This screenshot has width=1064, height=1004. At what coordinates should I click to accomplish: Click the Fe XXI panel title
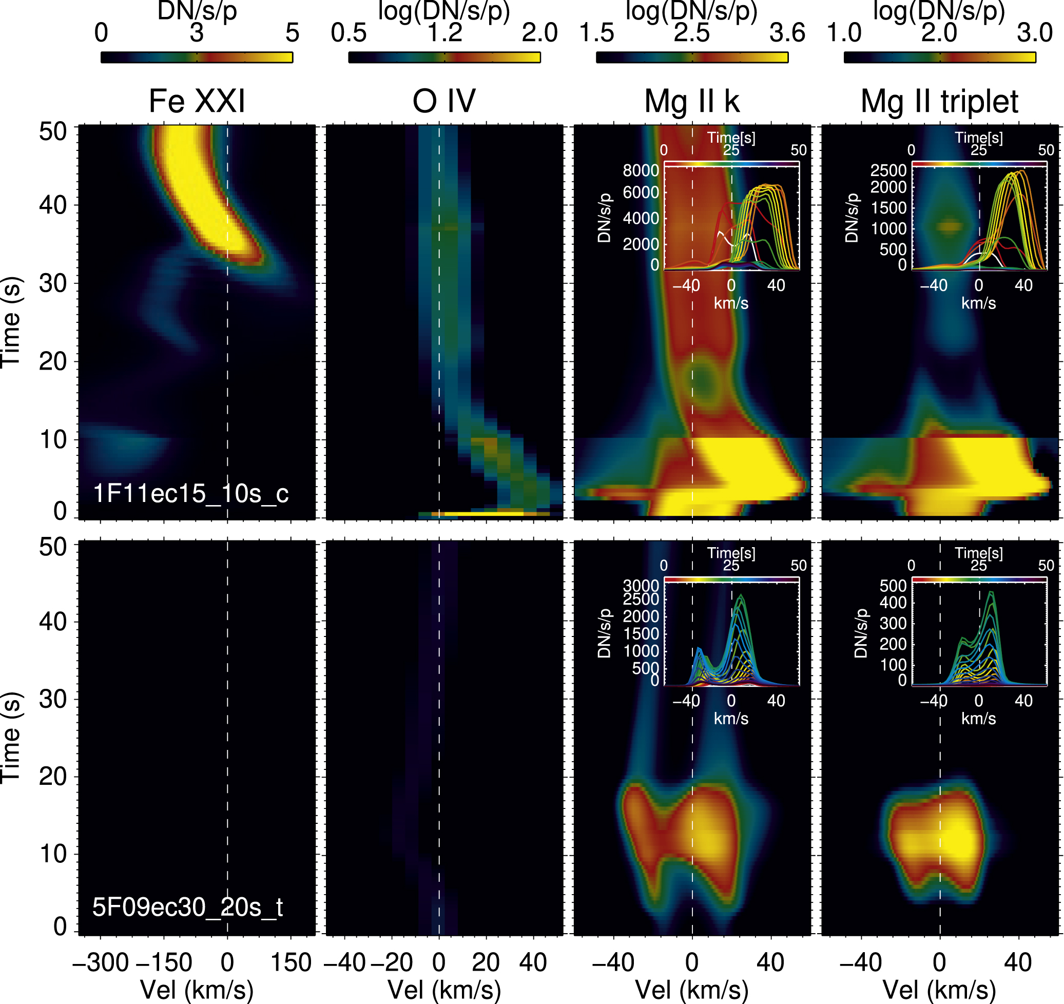[197, 101]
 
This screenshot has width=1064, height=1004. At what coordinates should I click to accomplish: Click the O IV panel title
[443, 101]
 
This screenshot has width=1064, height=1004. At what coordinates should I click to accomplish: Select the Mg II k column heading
[691, 101]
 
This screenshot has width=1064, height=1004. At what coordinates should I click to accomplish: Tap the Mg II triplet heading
[939, 101]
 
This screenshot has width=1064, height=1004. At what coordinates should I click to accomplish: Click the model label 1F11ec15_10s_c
[190, 493]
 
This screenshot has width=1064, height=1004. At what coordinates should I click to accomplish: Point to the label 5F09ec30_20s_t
[188, 907]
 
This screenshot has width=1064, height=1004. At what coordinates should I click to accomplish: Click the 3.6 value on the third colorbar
[787, 33]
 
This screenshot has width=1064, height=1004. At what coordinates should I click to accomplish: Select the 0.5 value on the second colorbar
[349, 33]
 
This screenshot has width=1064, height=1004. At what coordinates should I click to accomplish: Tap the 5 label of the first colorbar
[292, 33]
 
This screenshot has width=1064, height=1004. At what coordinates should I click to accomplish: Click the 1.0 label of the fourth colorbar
[844, 33]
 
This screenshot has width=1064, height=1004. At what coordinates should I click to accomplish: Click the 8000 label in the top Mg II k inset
[641, 171]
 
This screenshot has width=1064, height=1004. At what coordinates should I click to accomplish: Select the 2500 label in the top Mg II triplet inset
[888, 171]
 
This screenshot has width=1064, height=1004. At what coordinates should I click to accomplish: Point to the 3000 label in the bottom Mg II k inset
[641, 586]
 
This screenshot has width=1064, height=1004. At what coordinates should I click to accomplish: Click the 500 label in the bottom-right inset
[893, 586]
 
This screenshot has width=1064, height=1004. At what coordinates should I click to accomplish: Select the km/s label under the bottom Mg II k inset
[730, 719]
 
